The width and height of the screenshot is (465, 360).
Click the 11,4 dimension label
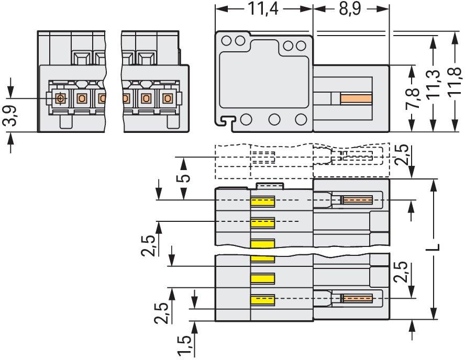point(263,8)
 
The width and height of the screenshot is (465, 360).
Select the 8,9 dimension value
point(350,8)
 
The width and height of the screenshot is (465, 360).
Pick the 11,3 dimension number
point(434,84)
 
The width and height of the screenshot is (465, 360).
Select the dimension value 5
point(184,178)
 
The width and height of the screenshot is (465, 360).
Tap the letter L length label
point(434,247)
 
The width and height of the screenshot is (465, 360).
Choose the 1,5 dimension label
point(184,345)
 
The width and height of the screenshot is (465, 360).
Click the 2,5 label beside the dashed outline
point(402,154)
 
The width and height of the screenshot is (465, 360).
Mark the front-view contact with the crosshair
point(61,98)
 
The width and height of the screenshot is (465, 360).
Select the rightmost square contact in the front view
point(168,98)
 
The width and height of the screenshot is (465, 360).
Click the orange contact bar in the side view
point(356,99)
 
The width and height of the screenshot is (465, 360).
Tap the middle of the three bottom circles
point(274,119)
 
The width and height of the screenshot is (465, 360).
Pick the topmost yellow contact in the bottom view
point(263,201)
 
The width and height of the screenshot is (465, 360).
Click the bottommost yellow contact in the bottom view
point(263,299)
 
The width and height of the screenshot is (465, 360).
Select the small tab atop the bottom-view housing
point(270,186)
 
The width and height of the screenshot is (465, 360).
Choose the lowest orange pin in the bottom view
point(357,298)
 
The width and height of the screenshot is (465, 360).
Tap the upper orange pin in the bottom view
point(357,200)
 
